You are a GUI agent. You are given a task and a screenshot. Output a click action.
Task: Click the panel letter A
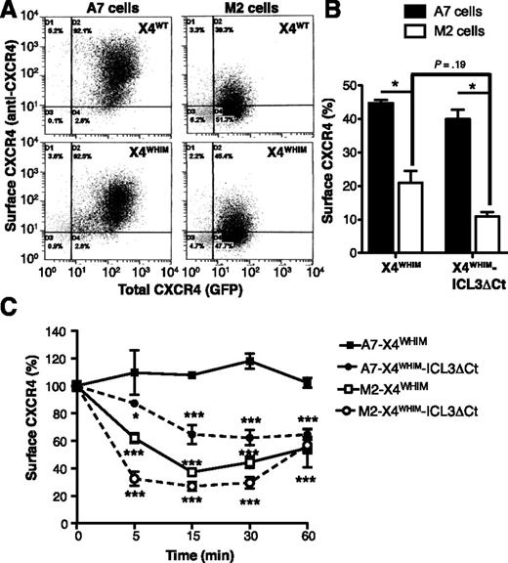pyautogui.click(x=9, y=9)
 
